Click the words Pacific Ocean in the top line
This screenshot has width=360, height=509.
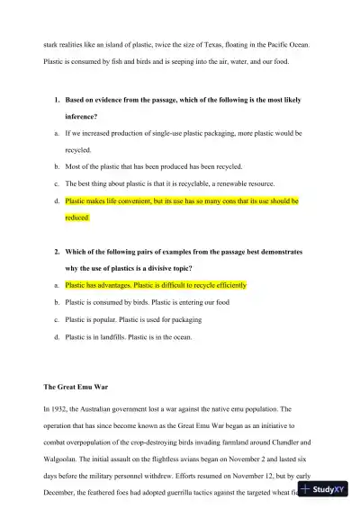click(290, 42)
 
